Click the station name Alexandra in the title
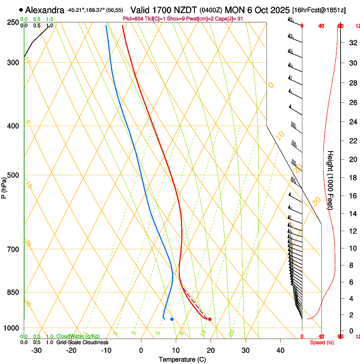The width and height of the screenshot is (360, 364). (x=45, y=10)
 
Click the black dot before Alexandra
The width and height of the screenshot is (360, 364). (x=21, y=10)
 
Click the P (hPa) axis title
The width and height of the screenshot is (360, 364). (x=4, y=185)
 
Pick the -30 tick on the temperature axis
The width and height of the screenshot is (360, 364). (x=36, y=350)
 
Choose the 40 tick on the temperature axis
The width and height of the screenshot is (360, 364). (x=280, y=350)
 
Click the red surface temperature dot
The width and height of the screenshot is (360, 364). (x=210, y=319)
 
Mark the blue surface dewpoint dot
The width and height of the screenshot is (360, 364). (x=172, y=319)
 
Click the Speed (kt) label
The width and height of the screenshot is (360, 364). (x=322, y=342)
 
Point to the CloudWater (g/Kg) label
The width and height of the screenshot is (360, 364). (x=78, y=336)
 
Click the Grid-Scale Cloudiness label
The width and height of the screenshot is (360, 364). (x=82, y=342)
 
